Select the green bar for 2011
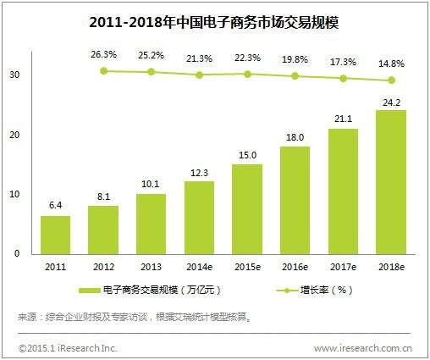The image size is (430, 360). click(x=55, y=235)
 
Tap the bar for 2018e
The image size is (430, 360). click(x=390, y=182)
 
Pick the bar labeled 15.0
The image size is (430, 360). click(x=246, y=208)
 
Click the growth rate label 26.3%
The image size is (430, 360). click(x=103, y=54)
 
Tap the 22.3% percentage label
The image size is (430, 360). click(x=247, y=57)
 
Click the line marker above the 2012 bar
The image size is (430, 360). click(x=103, y=70)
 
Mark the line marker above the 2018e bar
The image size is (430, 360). click(x=390, y=81)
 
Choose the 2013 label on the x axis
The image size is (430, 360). click(x=151, y=266)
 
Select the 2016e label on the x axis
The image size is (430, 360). click(x=295, y=266)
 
